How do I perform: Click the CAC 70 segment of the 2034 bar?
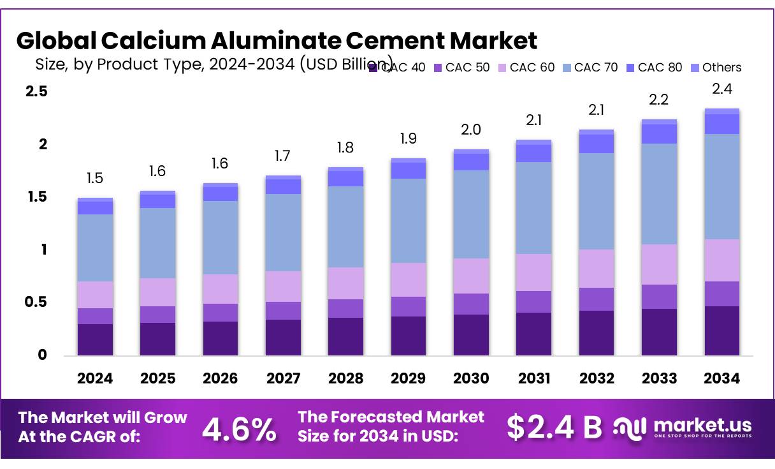click(722, 186)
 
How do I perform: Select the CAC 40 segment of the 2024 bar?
click(95, 339)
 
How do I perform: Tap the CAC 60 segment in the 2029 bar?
click(408, 279)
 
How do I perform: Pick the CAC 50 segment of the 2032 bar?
click(597, 299)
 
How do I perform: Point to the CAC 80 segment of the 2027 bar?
click(283, 186)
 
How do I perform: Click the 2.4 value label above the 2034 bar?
click(722, 89)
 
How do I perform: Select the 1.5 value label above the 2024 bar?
click(95, 178)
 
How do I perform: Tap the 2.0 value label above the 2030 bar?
click(471, 130)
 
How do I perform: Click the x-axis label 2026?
click(221, 378)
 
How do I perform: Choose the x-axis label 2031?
click(533, 378)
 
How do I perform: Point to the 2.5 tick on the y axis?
click(36, 91)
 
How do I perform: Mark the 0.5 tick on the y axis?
click(36, 302)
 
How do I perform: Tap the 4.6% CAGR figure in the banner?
click(239, 429)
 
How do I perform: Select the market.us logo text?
click(702, 425)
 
